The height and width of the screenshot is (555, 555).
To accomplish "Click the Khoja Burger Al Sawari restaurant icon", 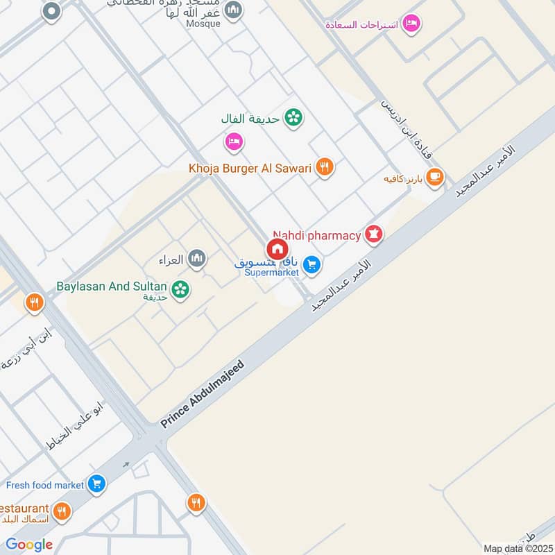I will tap(324, 166).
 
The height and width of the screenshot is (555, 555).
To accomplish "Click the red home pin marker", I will tap(276, 248).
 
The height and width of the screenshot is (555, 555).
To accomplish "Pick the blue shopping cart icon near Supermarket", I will tap(312, 264).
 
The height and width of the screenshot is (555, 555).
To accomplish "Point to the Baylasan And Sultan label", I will tap(112, 286).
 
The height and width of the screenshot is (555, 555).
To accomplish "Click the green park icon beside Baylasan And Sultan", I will tap(181, 289).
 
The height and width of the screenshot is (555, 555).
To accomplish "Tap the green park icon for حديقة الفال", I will tap(293, 118).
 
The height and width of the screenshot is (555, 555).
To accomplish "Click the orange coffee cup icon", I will tap(435, 178).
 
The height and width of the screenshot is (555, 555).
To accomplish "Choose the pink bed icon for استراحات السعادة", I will tap(412, 24).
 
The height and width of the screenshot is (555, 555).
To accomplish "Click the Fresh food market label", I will tap(45, 485).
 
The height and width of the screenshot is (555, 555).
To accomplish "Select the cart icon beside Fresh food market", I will tap(96, 484).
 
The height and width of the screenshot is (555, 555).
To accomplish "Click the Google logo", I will tap(29, 545).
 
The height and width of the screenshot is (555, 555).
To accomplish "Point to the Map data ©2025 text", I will tap(517, 548).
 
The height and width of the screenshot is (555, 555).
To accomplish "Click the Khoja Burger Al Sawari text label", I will tap(250, 168).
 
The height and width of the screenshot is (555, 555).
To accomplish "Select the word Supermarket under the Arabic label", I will tap(272, 273).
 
